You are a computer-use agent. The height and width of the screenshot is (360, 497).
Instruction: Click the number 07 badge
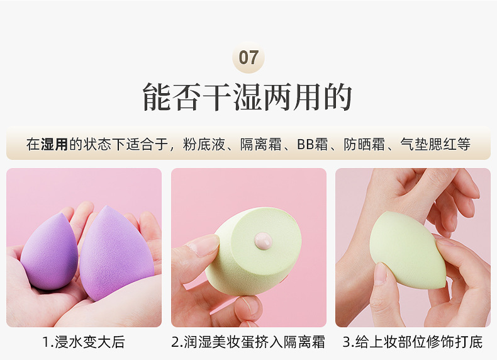[x=248, y=57]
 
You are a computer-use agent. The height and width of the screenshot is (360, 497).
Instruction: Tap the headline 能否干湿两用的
[x=247, y=97]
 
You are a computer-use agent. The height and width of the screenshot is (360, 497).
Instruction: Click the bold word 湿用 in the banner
[x=55, y=144]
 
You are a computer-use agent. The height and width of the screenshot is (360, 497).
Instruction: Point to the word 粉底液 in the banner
[x=204, y=144]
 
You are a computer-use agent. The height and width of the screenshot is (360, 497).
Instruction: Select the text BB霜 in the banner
[x=312, y=144]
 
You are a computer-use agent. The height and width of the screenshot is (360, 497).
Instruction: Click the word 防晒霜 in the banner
[x=364, y=144]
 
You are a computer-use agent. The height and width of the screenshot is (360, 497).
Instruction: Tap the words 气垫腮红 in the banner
[x=428, y=144]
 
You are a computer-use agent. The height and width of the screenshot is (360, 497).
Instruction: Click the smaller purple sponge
[x=50, y=252]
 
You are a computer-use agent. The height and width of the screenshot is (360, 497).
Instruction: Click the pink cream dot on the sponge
[x=263, y=241]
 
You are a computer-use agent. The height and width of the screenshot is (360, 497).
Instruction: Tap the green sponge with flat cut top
[x=254, y=250]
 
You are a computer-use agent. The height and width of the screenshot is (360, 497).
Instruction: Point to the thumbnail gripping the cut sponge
[x=206, y=245]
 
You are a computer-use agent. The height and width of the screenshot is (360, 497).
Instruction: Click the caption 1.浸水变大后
[x=84, y=342]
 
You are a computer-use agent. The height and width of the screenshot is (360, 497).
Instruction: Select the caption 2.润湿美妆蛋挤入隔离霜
[x=248, y=342]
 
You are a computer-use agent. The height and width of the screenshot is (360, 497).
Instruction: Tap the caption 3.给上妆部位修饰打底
[x=413, y=342]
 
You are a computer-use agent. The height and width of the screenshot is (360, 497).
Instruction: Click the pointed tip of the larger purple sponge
[x=107, y=206]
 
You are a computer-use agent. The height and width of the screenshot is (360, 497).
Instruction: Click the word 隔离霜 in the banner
[x=260, y=144]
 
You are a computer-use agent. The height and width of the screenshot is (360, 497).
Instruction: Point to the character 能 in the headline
[x=156, y=97]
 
